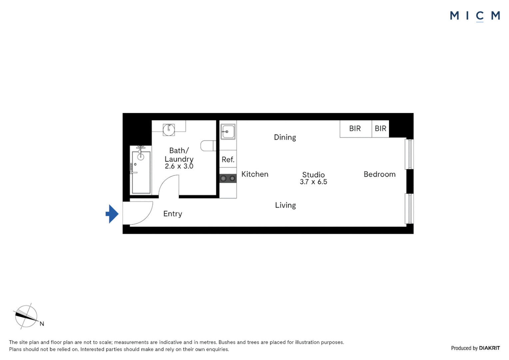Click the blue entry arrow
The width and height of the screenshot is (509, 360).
(x=112, y=214)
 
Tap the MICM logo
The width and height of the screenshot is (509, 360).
(x=475, y=16)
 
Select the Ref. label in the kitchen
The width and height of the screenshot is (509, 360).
(x=228, y=159)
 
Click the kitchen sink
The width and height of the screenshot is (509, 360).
(x=228, y=132)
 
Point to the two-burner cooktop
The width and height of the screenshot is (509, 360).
(x=228, y=178)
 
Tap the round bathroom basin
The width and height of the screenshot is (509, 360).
(x=169, y=130)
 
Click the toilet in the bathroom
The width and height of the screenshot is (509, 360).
(x=208, y=146)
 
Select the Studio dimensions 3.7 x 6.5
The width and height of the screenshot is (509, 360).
(x=313, y=182)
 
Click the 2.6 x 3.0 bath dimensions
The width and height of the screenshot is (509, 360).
(x=179, y=166)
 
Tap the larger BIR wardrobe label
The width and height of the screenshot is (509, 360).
(x=355, y=128)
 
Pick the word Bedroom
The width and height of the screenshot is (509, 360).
(x=379, y=174)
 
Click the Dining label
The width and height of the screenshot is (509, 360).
(x=285, y=137)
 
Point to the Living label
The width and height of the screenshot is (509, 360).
(x=285, y=205)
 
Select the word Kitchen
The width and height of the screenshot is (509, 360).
(x=255, y=174)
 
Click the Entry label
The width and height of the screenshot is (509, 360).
(x=173, y=214)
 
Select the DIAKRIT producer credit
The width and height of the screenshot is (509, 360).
(x=489, y=348)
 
